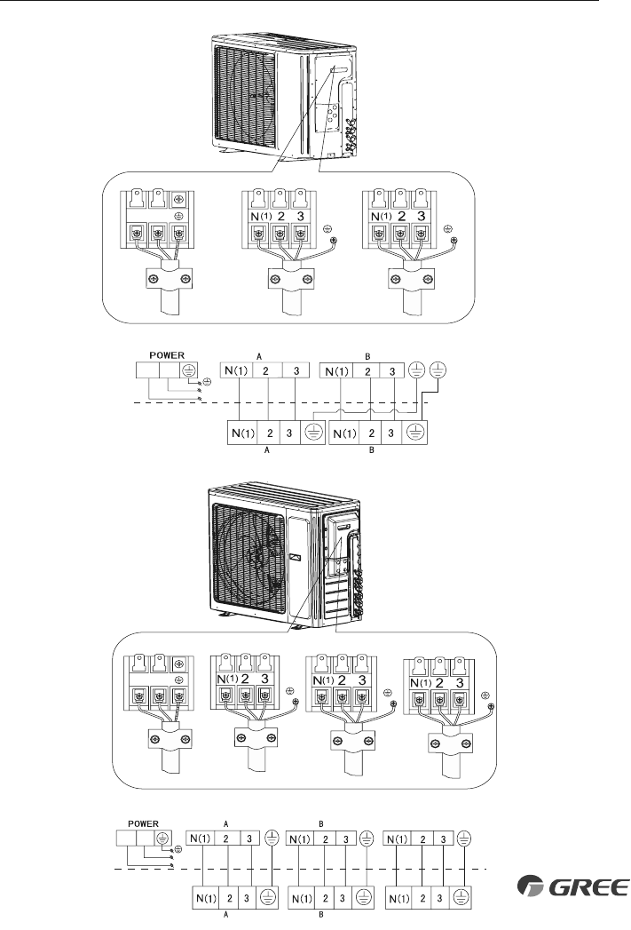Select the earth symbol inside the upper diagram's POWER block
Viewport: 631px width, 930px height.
point(188,370)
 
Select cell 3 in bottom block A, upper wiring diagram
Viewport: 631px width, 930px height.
point(293,434)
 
